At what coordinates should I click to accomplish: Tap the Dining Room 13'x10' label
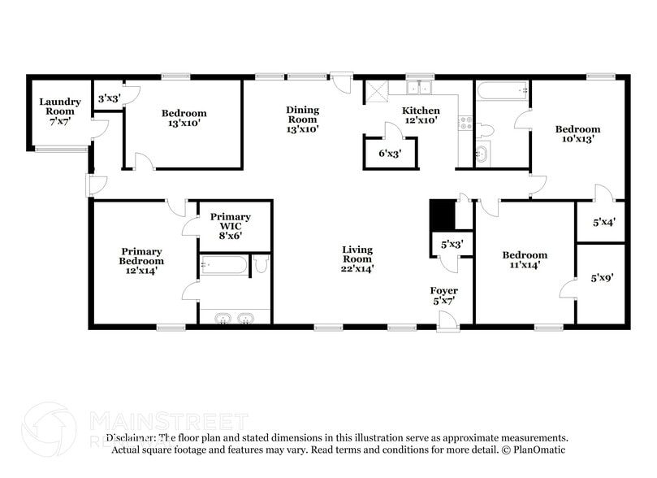(302, 119)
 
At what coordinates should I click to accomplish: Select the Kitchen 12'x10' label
(421, 115)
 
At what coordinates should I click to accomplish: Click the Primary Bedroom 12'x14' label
(142, 261)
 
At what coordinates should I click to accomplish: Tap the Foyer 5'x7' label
(443, 295)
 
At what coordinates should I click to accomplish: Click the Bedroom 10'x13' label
(577, 133)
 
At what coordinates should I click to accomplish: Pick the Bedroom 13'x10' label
(184, 118)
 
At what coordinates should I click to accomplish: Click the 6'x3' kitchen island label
(390, 152)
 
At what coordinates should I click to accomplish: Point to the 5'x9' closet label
(601, 277)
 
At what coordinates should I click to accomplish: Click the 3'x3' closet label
(109, 98)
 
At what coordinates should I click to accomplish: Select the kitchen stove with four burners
(466, 123)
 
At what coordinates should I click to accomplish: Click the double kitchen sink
(420, 87)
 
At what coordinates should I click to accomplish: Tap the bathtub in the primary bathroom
(223, 265)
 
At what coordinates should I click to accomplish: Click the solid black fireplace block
(441, 215)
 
